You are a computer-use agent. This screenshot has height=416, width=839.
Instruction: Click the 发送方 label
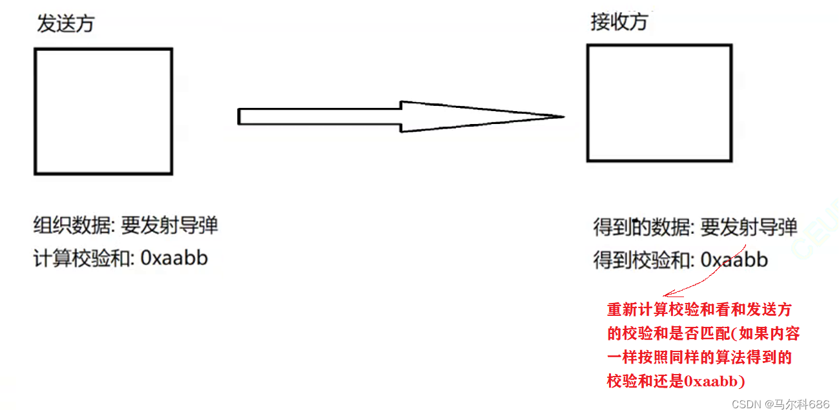(x=65, y=24)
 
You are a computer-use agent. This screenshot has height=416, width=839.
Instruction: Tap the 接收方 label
(x=619, y=22)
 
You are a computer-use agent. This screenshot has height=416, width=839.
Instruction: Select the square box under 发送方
(x=103, y=111)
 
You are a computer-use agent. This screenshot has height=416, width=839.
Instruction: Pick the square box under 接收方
(x=659, y=103)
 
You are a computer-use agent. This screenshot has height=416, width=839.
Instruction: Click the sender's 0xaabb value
(x=174, y=258)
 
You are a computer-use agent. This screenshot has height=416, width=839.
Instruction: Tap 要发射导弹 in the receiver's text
(x=749, y=227)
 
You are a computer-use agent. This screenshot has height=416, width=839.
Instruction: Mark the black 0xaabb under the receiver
(x=734, y=260)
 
